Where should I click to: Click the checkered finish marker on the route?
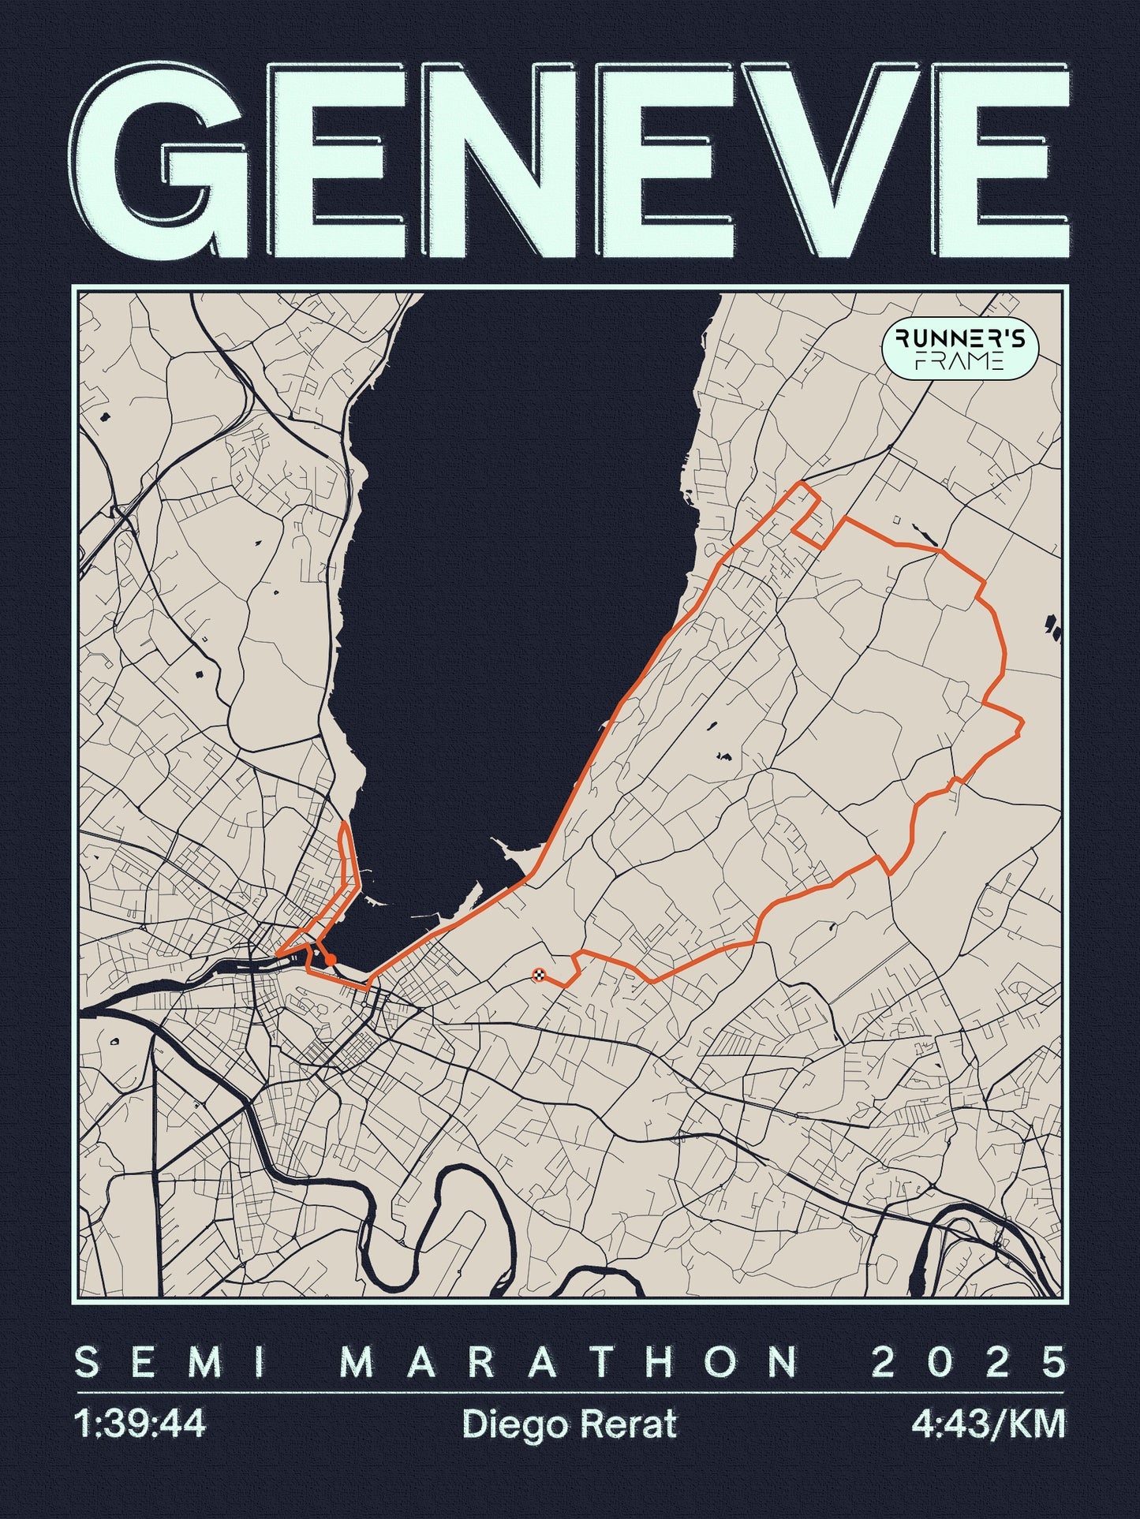pos(539,975)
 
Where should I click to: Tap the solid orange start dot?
pos(331,959)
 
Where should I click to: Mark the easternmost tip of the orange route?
pos(1022,721)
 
